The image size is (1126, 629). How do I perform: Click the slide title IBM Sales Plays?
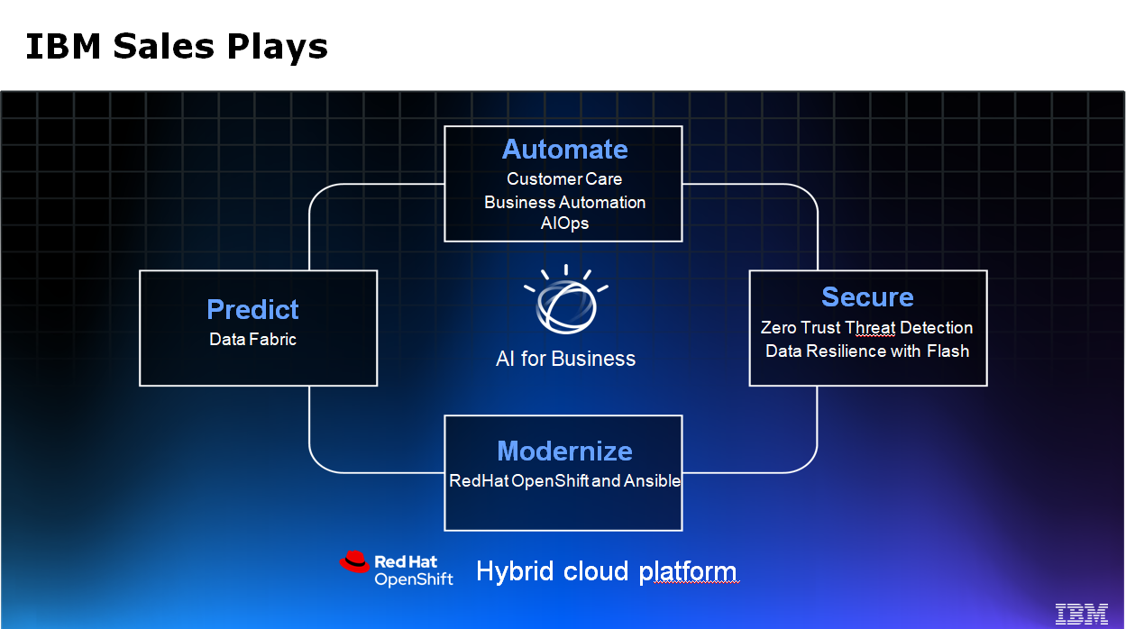(x=177, y=46)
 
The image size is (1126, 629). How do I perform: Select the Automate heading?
(x=564, y=149)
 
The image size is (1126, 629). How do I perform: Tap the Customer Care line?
(x=564, y=178)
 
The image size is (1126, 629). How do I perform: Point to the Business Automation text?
(x=564, y=202)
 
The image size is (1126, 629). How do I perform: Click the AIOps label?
(x=564, y=223)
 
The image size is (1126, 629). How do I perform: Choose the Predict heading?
(x=252, y=309)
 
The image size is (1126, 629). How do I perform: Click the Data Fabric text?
(x=252, y=340)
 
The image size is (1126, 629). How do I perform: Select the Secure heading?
(x=867, y=296)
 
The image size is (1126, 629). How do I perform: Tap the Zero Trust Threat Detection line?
(x=866, y=327)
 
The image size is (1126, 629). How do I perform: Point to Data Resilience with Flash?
(x=866, y=351)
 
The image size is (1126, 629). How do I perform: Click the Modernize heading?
(x=564, y=451)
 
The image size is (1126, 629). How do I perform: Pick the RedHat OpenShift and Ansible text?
(x=564, y=480)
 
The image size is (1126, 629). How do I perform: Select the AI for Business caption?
(x=565, y=359)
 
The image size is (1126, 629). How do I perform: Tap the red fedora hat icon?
(x=355, y=562)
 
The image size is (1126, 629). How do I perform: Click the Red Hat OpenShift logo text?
(x=413, y=570)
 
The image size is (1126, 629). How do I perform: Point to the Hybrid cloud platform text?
(x=606, y=571)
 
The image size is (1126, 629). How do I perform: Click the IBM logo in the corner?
(x=1082, y=613)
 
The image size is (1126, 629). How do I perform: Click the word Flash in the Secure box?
(x=947, y=351)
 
